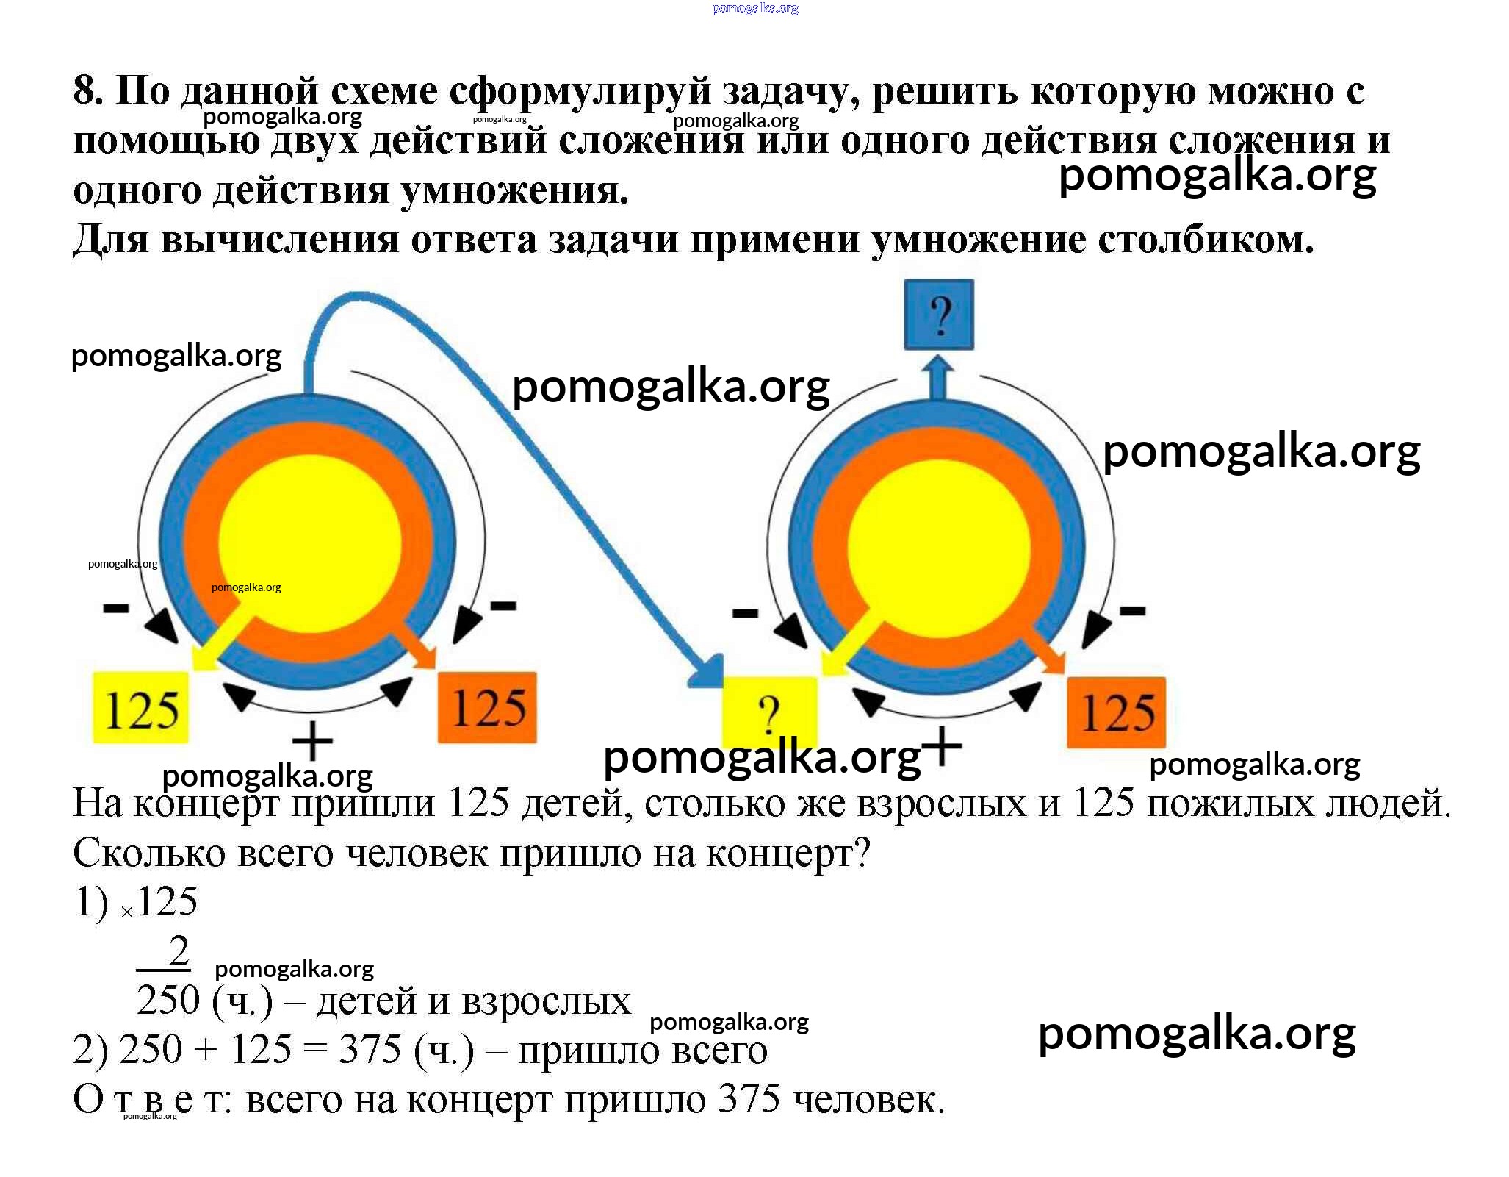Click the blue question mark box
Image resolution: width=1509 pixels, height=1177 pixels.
[938, 315]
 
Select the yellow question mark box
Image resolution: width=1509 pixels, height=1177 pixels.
[769, 712]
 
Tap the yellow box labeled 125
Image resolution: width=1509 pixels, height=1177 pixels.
[140, 707]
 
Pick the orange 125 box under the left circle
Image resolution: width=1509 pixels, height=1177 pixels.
[487, 707]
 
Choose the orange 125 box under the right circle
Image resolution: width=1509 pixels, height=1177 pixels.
[1116, 712]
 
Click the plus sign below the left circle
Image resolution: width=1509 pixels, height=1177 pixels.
[312, 741]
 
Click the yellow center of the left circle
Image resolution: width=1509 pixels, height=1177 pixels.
[310, 543]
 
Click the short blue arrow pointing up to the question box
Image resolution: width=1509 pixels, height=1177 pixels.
[938, 376]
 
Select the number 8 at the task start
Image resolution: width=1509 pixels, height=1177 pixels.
[87, 91]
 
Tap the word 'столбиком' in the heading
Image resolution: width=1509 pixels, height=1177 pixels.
[1205, 239]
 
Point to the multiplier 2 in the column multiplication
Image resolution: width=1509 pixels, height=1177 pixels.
[179, 951]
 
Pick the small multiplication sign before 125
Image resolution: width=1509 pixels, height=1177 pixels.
[127, 912]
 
